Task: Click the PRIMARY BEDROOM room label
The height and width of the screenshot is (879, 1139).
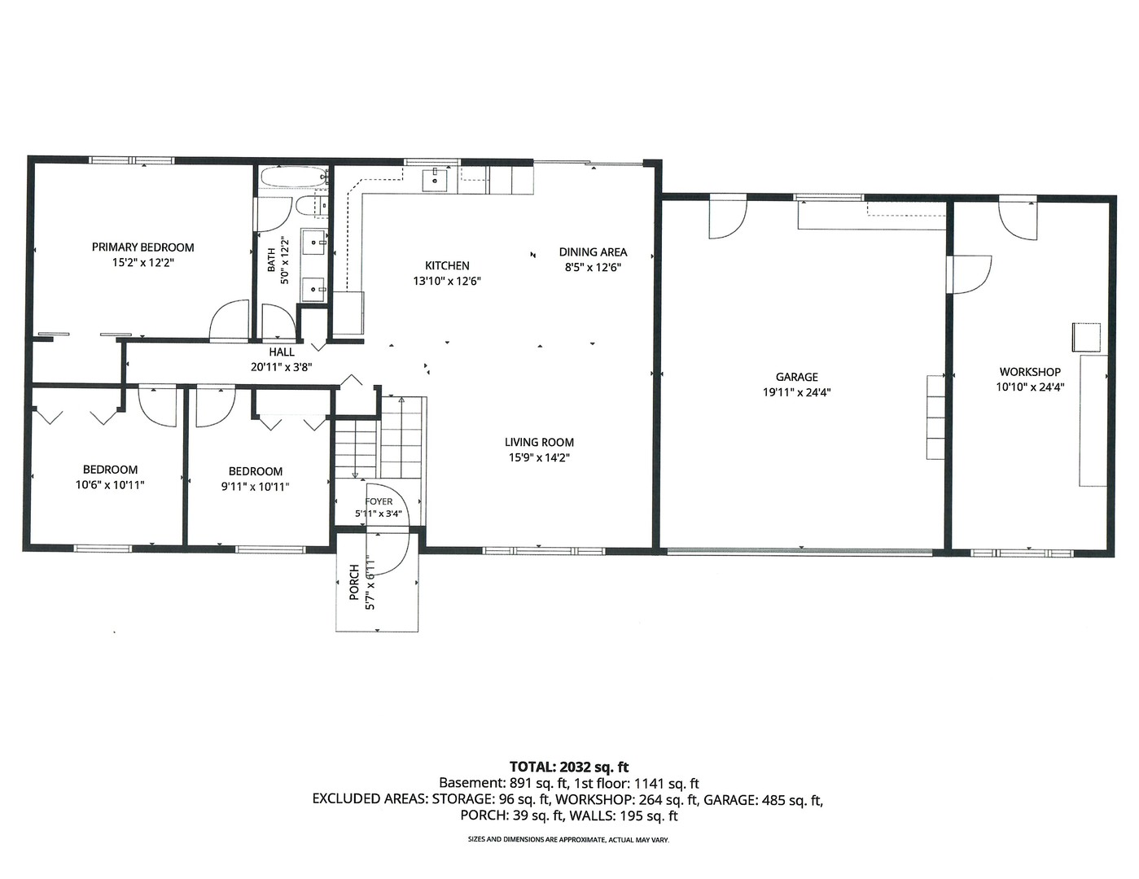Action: click(x=143, y=247)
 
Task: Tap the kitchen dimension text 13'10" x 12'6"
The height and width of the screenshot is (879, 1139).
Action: click(x=447, y=281)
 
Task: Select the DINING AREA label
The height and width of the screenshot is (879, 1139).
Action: click(x=593, y=252)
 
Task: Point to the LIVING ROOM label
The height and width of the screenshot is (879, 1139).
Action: click(x=539, y=442)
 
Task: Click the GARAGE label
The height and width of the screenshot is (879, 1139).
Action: click(x=797, y=377)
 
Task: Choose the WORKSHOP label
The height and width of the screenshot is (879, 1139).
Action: click(x=1030, y=372)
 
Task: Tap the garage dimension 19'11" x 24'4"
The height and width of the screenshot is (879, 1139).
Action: click(x=797, y=392)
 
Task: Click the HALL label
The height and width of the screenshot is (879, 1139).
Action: click(x=282, y=352)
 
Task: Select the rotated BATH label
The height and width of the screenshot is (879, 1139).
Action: click(x=271, y=260)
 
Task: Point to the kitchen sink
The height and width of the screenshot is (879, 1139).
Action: click(x=435, y=180)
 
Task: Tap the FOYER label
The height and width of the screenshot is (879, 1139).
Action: click(x=379, y=501)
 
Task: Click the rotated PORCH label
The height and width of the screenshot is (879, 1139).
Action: click(x=354, y=582)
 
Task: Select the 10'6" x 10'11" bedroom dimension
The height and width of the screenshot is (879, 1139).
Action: click(x=110, y=485)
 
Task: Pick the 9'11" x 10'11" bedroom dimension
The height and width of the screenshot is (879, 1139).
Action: click(x=256, y=487)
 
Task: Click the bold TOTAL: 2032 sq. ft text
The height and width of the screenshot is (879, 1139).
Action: click(x=569, y=767)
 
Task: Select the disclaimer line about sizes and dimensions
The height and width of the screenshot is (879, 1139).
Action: click(x=569, y=840)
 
